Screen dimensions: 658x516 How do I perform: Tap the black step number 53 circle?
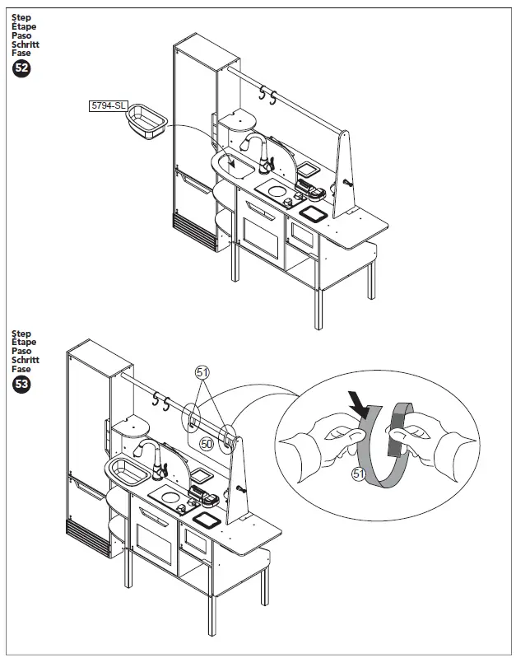pyautogui.click(x=21, y=385)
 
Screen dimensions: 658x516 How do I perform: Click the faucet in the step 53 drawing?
pyautogui.click(x=155, y=457)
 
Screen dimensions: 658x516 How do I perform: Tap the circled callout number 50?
pyautogui.click(x=207, y=443)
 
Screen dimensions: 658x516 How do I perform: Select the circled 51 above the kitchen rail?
pyautogui.click(x=202, y=372)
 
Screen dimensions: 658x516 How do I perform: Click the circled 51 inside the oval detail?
pyautogui.click(x=358, y=474)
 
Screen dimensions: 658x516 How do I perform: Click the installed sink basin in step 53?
pyautogui.click(x=126, y=471)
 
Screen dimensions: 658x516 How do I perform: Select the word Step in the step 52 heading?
pyautogui.click(x=21, y=16)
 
